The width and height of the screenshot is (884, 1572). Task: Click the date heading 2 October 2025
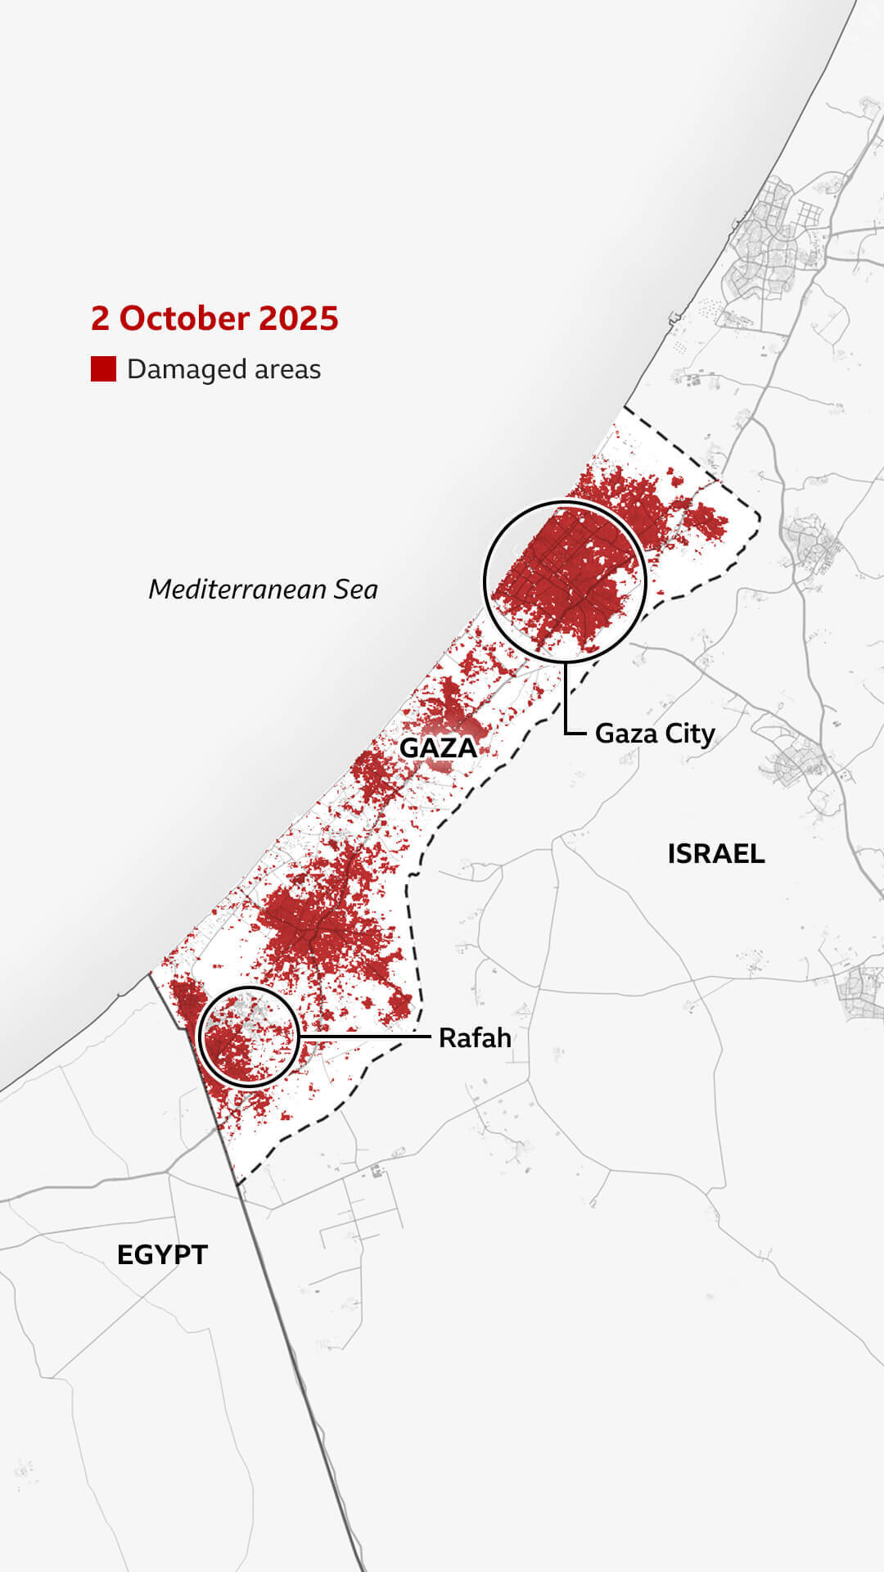(x=214, y=318)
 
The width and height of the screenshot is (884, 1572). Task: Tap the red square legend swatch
(x=103, y=369)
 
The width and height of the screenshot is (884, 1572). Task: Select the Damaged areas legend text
(x=223, y=369)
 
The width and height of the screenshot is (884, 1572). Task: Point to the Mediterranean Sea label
(x=263, y=589)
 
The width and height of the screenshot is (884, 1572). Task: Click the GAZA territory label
(x=438, y=748)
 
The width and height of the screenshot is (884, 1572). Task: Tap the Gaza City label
(x=655, y=734)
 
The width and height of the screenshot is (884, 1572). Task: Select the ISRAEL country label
(x=716, y=854)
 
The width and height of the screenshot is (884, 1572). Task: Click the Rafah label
(x=475, y=1038)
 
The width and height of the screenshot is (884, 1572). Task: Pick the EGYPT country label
(x=162, y=1255)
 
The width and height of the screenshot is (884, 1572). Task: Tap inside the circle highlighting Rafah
(x=249, y=1037)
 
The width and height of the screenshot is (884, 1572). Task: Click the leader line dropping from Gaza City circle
(x=566, y=696)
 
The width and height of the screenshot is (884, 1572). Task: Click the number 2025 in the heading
(x=299, y=318)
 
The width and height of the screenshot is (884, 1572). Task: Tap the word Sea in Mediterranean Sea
(x=355, y=589)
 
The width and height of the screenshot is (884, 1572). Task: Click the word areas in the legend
(x=287, y=369)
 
